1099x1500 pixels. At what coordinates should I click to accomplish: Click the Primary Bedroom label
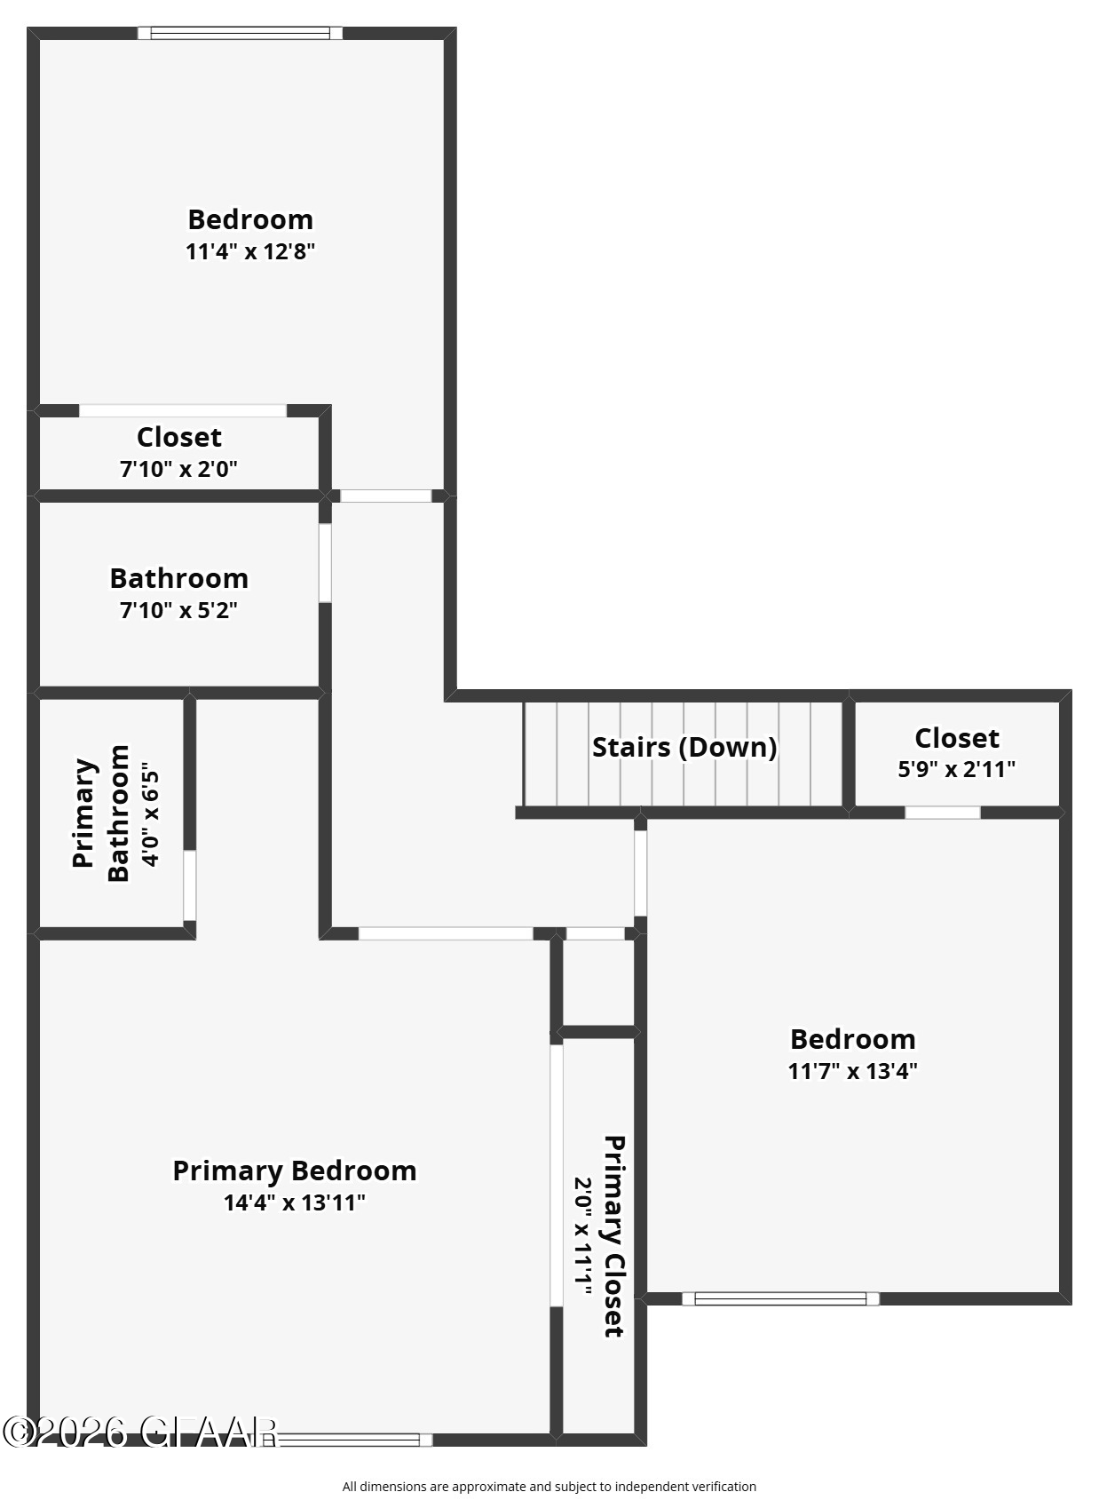click(294, 1171)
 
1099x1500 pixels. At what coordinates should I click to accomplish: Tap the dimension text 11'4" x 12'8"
click(250, 251)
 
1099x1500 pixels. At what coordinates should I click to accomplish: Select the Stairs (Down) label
click(684, 747)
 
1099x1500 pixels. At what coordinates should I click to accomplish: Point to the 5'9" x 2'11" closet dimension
click(956, 769)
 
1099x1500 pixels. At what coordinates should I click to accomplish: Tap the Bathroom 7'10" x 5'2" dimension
click(178, 610)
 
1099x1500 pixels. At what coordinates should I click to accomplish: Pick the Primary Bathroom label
click(100, 813)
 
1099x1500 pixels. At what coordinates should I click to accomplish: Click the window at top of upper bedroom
click(240, 34)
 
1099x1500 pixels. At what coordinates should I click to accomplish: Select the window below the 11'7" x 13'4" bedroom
click(780, 1298)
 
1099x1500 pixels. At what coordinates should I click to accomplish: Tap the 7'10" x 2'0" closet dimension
click(178, 468)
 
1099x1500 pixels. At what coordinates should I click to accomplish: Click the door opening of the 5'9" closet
click(942, 813)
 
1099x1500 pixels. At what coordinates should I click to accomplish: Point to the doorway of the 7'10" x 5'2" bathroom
click(325, 563)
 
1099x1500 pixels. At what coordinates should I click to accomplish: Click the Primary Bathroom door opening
click(189, 885)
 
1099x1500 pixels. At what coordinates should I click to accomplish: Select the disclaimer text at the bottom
click(549, 1486)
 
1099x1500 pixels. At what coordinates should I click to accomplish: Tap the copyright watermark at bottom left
click(140, 1431)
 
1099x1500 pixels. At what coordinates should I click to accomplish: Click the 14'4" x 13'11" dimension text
click(294, 1202)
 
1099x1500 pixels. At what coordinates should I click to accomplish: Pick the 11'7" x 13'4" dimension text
click(852, 1071)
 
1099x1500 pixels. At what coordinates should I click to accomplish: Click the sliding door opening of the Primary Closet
click(557, 1175)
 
